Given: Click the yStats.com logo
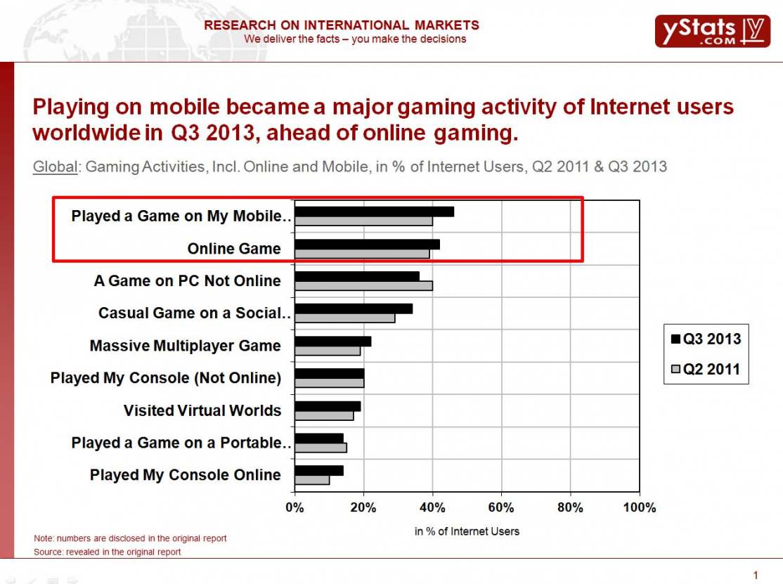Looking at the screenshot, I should point(711,31).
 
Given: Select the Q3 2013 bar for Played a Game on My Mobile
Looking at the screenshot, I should point(374,212).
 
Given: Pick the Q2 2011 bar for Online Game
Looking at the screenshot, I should point(362,254).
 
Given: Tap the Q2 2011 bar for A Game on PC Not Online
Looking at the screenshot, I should point(363,286).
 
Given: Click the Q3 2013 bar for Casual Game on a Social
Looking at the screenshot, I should point(354,309).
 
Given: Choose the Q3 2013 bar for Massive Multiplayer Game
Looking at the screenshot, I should point(332,342).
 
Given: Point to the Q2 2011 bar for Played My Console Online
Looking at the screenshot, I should point(312,480).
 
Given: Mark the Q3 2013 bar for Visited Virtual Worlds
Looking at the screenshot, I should point(328,406).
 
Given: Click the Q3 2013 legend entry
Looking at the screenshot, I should point(706,339).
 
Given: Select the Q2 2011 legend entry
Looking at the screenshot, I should point(706,369).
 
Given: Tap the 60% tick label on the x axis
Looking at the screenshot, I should point(501,507).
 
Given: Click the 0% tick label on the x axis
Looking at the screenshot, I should point(295,507).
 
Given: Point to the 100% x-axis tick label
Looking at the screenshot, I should point(639,507).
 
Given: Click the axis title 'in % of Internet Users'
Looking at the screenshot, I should point(467,531).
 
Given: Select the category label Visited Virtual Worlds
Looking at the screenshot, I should point(202,410).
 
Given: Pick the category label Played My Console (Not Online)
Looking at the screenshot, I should point(166,378).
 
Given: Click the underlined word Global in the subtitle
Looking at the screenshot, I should point(56,167).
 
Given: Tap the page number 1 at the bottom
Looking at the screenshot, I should point(756,576).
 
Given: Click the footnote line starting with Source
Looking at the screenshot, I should point(108,552).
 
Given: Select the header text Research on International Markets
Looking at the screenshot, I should point(342,25).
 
